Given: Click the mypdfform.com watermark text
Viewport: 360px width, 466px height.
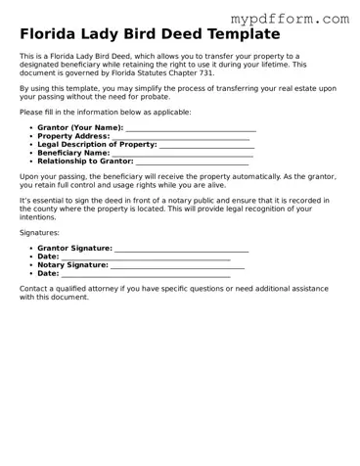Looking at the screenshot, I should pos(290,18).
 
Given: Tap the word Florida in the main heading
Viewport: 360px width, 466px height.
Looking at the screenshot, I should pos(55,34).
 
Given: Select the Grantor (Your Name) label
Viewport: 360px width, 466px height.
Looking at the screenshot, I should pos(80,127).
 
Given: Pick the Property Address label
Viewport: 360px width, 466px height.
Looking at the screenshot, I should pos(73,136).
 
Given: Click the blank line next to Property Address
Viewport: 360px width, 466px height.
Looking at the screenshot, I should pos(181,137).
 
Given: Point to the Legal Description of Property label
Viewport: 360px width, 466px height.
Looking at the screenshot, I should pos(97,144).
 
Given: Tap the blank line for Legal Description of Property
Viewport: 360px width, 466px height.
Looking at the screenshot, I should pos(206,145).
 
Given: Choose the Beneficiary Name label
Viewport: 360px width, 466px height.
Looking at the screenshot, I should pos(73,153).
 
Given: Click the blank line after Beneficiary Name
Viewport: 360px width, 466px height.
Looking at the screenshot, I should pos(182,154).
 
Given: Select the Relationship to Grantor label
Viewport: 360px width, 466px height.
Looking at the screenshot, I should pos(85,161).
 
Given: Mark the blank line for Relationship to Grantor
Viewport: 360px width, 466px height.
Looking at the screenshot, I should pos(193,162).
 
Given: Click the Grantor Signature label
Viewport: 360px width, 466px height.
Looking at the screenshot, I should pos(74,248).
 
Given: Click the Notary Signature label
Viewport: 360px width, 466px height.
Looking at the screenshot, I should pos(72,264).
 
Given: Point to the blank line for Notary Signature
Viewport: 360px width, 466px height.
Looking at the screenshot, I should pos(177,265).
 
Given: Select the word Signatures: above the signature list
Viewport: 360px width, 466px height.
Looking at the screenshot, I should pos(39,233).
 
